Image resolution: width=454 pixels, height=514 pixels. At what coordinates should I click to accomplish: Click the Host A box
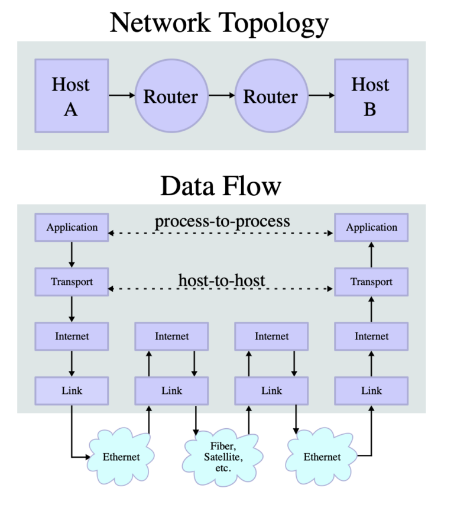[x=71, y=95]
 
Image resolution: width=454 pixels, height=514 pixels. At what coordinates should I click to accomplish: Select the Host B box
[x=371, y=95]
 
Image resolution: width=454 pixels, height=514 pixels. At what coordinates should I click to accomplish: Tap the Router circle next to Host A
[x=171, y=95]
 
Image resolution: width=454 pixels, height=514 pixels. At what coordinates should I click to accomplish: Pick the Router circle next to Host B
[x=271, y=95]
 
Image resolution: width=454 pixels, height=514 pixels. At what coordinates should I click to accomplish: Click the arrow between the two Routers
[x=221, y=95]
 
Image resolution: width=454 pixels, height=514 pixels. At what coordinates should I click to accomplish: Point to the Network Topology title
[x=219, y=23]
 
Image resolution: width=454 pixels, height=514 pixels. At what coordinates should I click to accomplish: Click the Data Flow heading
[x=220, y=186]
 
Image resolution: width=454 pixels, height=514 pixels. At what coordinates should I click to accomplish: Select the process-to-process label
[x=222, y=221]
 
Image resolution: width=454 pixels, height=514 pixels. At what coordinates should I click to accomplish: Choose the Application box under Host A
[x=72, y=227]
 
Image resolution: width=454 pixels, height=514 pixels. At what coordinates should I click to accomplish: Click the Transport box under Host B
[x=371, y=282]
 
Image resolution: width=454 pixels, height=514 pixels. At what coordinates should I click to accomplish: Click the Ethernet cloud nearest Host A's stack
[x=121, y=457]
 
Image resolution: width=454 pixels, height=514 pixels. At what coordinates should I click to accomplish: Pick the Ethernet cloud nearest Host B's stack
[x=322, y=457]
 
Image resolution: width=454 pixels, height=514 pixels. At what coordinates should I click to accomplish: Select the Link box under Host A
[x=72, y=390]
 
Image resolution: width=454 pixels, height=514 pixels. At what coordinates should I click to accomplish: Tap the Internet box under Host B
[x=371, y=336]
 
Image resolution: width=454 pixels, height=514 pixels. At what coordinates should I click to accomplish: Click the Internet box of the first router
[x=171, y=336]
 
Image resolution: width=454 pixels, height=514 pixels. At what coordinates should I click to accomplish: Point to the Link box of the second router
[x=271, y=390]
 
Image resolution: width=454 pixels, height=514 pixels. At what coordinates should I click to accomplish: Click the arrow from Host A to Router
[x=121, y=95]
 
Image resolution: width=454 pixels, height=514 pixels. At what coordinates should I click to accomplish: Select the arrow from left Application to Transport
[x=72, y=254]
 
